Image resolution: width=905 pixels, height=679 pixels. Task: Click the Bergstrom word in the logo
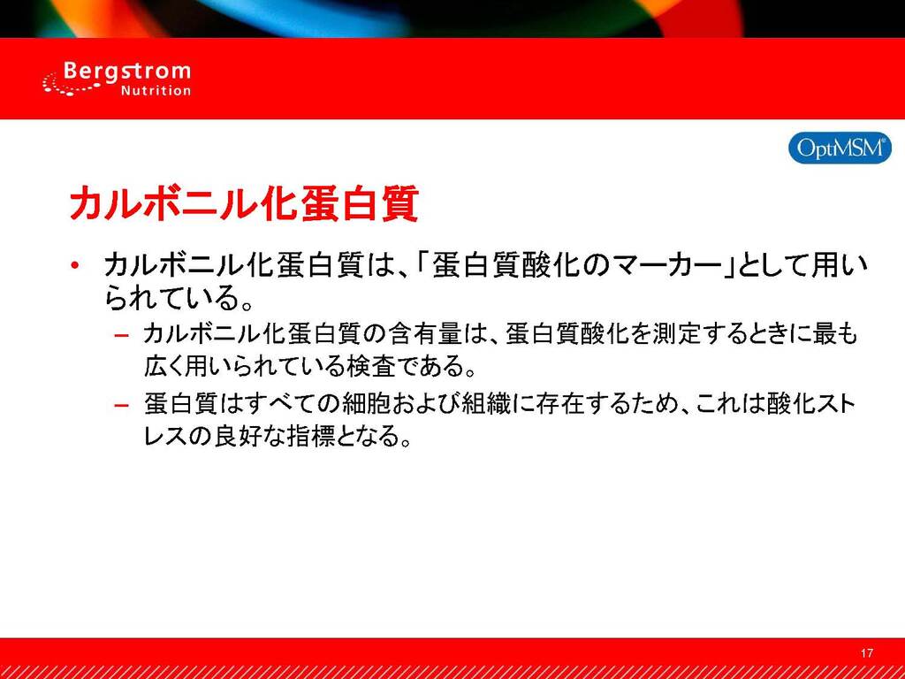[x=126, y=72]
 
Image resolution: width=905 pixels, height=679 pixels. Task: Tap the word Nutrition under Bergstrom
[x=156, y=91]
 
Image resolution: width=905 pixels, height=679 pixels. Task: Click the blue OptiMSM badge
[x=840, y=148]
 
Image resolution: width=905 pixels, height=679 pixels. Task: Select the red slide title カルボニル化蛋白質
[x=244, y=203]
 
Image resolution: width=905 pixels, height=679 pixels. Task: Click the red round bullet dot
[x=74, y=265]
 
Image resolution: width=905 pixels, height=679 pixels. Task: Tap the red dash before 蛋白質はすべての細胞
[x=121, y=405]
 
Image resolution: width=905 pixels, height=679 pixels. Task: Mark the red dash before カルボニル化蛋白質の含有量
[x=121, y=335]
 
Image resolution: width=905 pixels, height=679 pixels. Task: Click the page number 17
[x=866, y=653]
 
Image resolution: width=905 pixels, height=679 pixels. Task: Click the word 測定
[x=676, y=335]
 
